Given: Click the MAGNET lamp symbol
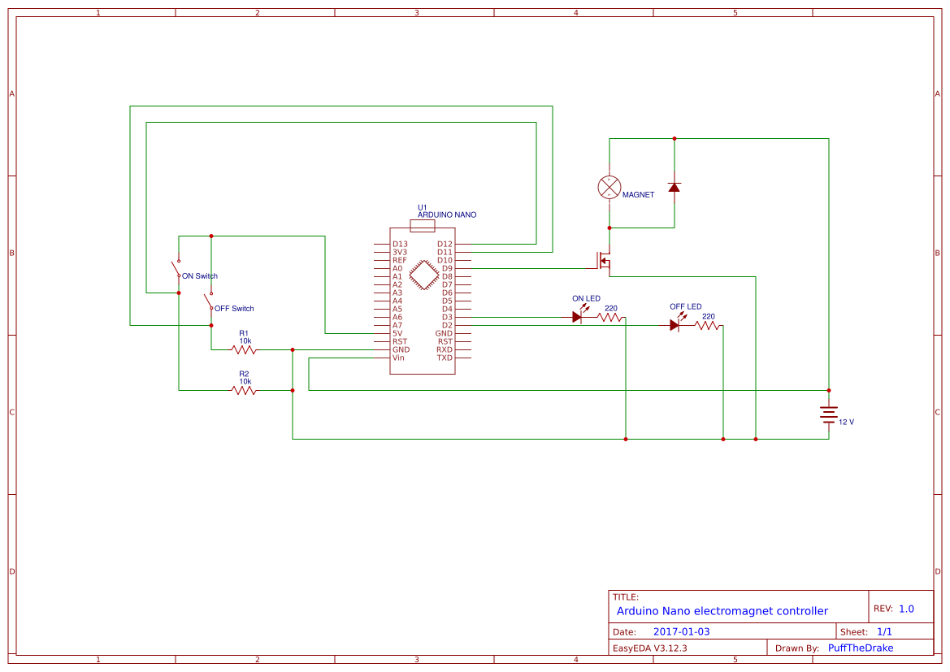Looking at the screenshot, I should pyautogui.click(x=609, y=187).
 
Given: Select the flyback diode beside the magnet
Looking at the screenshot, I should pyautogui.click(x=674, y=187).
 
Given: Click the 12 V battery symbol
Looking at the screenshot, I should pyautogui.click(x=828, y=414).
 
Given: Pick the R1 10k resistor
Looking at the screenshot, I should pyautogui.click(x=244, y=349).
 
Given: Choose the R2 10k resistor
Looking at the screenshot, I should pyautogui.click(x=244, y=390).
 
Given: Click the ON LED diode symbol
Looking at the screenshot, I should pyautogui.click(x=577, y=317).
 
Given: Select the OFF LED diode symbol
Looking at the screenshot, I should pyautogui.click(x=675, y=325).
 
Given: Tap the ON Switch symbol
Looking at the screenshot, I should pyautogui.click(x=176, y=268).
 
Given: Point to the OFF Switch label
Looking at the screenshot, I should pyautogui.click(x=234, y=309).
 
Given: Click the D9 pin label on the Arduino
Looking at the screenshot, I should pyautogui.click(x=447, y=268).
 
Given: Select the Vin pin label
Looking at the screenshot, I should pyautogui.click(x=398, y=358).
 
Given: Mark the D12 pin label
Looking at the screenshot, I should pyautogui.click(x=445, y=244).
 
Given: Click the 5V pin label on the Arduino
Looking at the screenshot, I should pyautogui.click(x=397, y=333).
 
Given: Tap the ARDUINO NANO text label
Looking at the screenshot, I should pyautogui.click(x=447, y=215).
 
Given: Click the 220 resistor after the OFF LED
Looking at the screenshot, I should pyautogui.click(x=708, y=325).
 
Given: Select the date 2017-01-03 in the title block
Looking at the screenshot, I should pyautogui.click(x=681, y=631).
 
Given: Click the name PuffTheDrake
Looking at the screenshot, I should pyautogui.click(x=860, y=648).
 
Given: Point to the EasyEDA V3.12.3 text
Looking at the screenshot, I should pyautogui.click(x=649, y=648).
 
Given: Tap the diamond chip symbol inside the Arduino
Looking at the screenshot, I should pyautogui.click(x=423, y=275).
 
